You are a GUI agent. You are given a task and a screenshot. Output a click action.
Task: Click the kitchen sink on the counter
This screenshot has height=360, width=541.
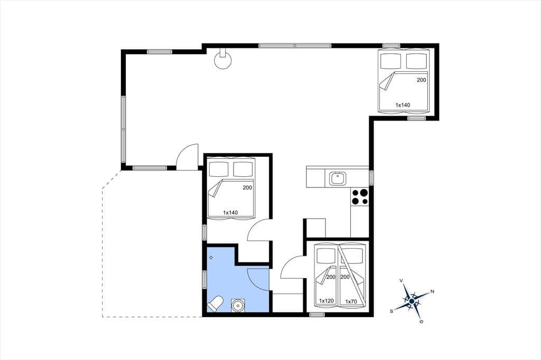point(337,178)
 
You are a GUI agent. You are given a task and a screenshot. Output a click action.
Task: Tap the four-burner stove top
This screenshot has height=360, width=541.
point(359,197)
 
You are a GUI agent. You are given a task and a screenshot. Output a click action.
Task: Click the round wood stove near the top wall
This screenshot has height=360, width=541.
point(222,59)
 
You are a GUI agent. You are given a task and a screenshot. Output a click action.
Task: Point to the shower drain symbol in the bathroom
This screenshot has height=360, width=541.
point(211,257)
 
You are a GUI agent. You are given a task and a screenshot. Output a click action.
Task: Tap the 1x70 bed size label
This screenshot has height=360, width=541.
point(351,301)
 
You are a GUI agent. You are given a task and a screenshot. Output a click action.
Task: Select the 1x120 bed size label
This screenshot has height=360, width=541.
point(326,301)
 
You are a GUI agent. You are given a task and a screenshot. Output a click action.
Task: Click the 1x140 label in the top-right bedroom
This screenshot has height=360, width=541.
point(403,105)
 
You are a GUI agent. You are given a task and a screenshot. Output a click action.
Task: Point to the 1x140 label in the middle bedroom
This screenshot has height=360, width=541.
point(230,212)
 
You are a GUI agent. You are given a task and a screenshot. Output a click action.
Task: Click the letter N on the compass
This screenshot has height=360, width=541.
point(432,292)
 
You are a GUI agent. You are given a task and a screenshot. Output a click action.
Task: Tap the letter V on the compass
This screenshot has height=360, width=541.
point(402,281)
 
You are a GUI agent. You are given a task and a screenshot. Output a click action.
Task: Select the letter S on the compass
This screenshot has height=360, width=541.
point(391,311)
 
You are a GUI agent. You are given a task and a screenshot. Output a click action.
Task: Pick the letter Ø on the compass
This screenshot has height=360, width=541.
point(421,321)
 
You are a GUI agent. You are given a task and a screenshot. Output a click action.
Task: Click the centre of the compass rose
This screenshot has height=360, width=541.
point(412,301)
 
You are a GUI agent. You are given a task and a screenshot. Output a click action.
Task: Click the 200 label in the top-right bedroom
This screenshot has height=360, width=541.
point(421,80)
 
